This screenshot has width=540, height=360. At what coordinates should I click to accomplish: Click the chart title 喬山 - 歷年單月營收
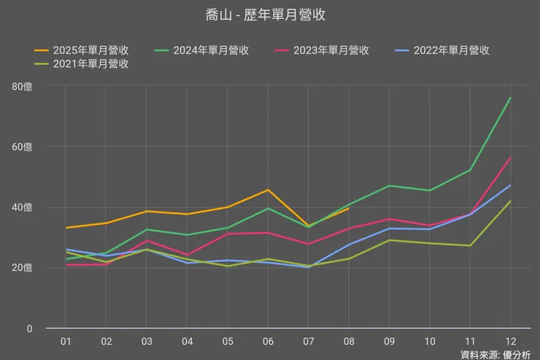pyautogui.click(x=270, y=15)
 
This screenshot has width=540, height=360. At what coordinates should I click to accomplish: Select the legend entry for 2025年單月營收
pyautogui.click(x=82, y=50)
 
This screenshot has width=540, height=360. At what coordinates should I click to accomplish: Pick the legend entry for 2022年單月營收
pyautogui.click(x=441, y=50)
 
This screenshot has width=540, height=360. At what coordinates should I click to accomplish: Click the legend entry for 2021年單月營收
pyautogui.click(x=82, y=64)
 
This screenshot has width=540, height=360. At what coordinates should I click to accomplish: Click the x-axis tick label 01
pyautogui.click(x=66, y=341)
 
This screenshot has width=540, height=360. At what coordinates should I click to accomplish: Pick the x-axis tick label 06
pyautogui.click(x=268, y=341)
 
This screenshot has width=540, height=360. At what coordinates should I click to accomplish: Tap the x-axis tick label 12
pyautogui.click(x=510, y=341)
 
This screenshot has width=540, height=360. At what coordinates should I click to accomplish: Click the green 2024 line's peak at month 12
pyautogui.click(x=510, y=98)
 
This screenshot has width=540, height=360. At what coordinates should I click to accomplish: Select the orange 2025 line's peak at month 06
pyautogui.click(x=268, y=190)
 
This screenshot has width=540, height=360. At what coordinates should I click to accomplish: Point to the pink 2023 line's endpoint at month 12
pyautogui.click(x=510, y=158)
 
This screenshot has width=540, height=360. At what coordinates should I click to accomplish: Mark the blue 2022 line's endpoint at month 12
pyautogui.click(x=510, y=185)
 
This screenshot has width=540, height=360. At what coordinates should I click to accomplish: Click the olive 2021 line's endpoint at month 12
pyautogui.click(x=510, y=202)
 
